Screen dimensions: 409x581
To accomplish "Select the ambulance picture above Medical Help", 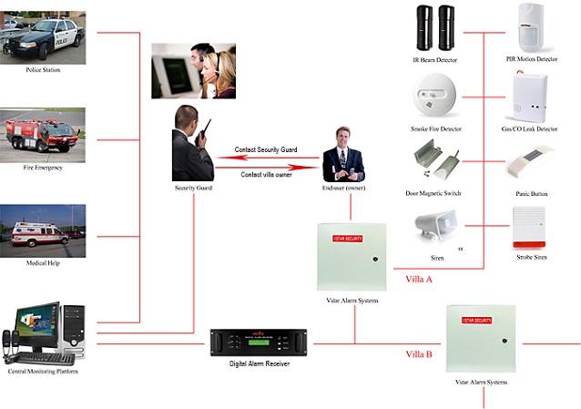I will pyautogui.click(x=43, y=229).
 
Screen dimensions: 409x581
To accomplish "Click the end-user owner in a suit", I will pyautogui.click(x=343, y=154).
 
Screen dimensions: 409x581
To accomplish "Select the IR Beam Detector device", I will pyautogui.click(x=433, y=28).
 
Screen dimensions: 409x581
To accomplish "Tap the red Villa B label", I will pyautogui.click(x=418, y=353).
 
